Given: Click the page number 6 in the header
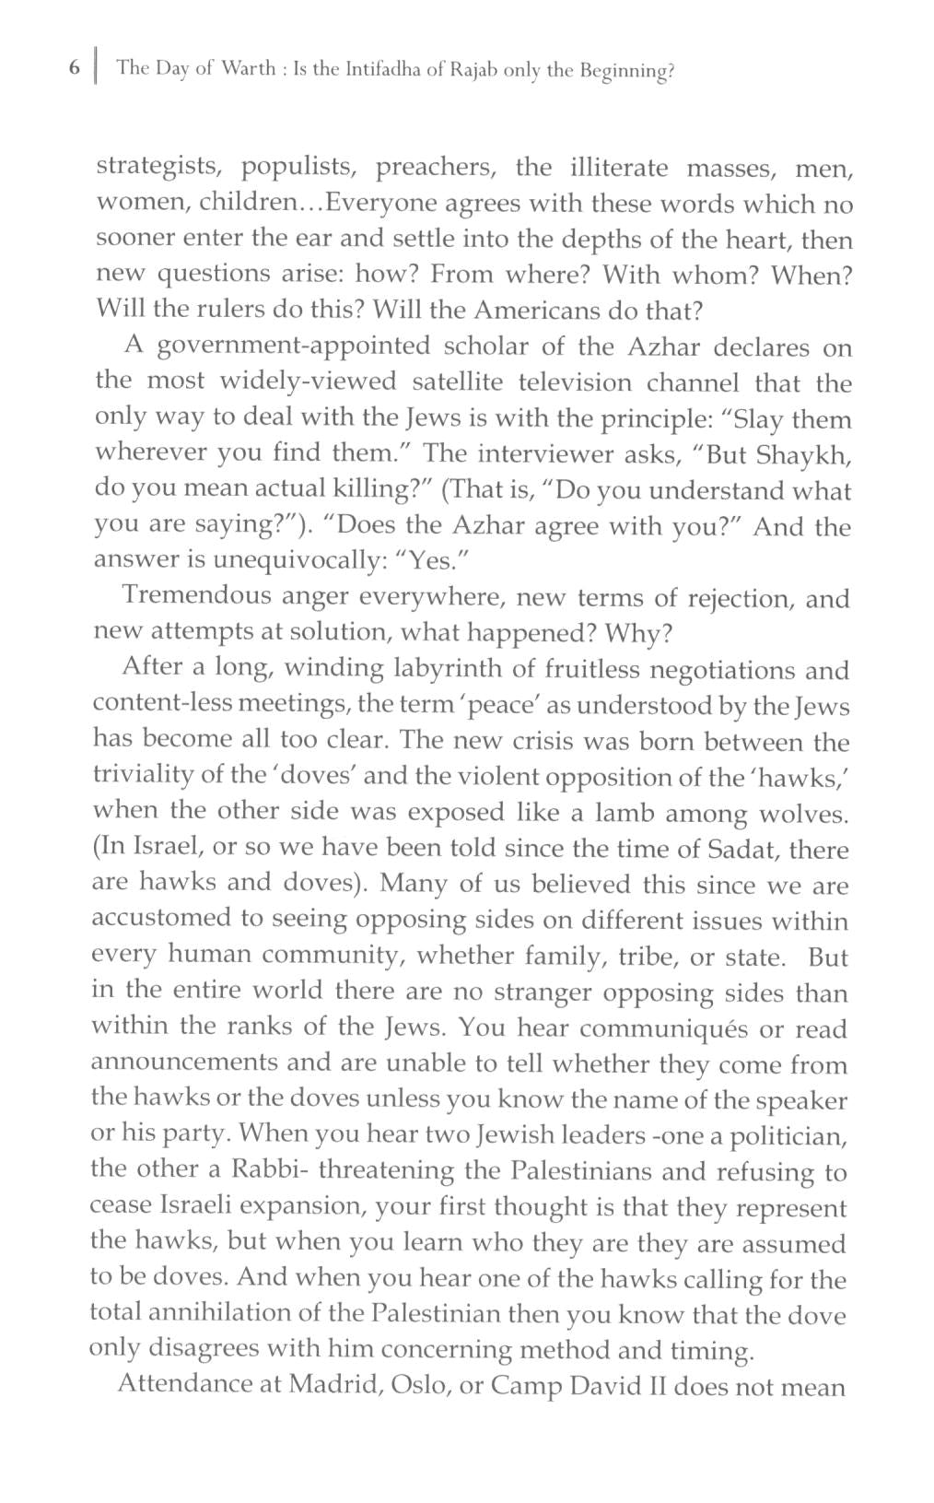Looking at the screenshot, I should point(74,68).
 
